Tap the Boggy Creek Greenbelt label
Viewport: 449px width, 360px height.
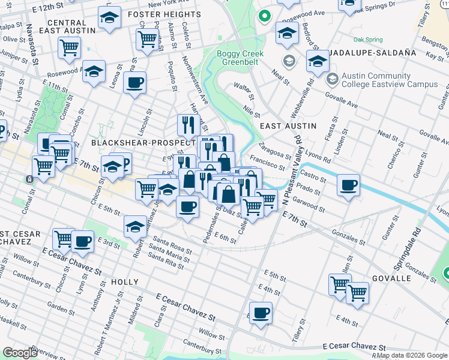pyautogui.click(x=238, y=58)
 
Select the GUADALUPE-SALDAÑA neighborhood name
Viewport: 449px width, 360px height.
pyautogui.click(x=370, y=53)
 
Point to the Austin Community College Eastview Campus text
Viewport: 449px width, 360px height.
pyautogui.click(x=390, y=80)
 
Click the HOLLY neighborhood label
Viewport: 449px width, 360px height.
pyautogui.click(x=125, y=281)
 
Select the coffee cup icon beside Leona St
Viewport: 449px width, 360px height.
pyautogui.click(x=135, y=82)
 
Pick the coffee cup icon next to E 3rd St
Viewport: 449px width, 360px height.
pyautogui.click(x=82, y=241)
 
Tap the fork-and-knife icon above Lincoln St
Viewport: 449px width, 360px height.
pyautogui.click(x=188, y=125)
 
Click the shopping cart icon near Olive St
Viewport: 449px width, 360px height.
pyautogui.click(x=69, y=47)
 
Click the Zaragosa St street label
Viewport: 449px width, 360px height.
pyautogui.click(x=274, y=151)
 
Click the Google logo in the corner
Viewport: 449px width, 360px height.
pyautogui.click(x=20, y=353)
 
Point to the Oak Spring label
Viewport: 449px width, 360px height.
pyautogui.click(x=368, y=40)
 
